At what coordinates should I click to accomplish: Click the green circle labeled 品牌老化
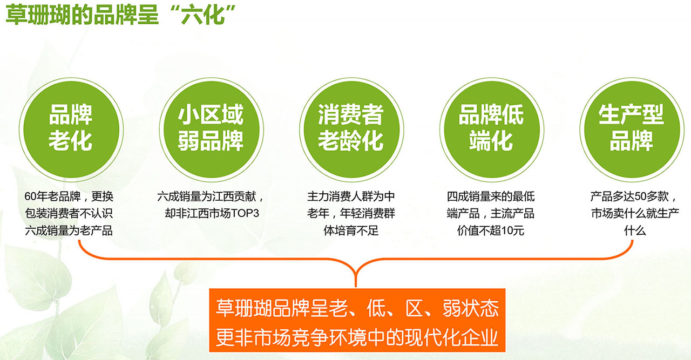(71, 130)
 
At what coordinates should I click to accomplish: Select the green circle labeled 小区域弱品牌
(211, 130)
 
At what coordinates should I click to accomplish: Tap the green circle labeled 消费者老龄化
(351, 130)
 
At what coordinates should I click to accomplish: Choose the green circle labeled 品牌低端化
(491, 130)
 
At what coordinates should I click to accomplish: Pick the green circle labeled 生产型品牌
(632, 130)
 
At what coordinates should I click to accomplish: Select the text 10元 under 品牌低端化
(513, 231)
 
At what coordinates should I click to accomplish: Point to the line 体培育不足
(351, 231)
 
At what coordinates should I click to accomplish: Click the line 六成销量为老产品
(69, 231)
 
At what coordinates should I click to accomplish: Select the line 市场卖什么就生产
(635, 214)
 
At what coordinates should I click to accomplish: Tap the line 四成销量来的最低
(491, 196)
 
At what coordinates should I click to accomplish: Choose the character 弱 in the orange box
(452, 308)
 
